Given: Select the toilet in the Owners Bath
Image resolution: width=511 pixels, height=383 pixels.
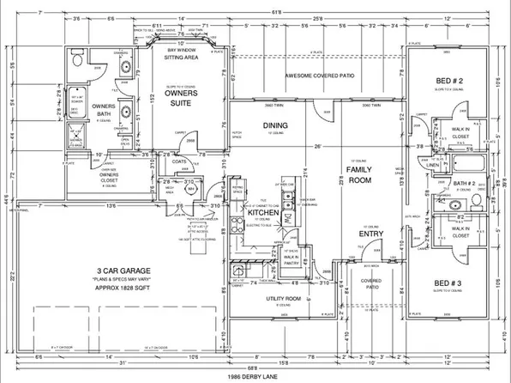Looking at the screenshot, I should coord(75,64).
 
